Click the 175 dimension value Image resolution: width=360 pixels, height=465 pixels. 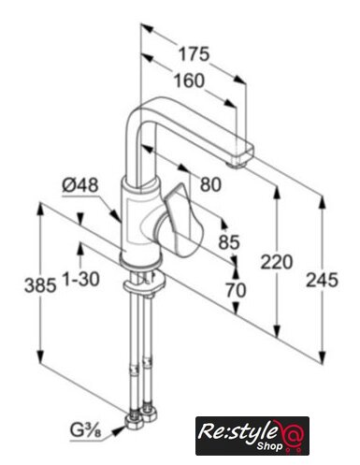tap(194, 53)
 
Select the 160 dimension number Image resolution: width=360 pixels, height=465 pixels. tap(189, 80)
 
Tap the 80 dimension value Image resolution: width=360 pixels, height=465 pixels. tap(210, 184)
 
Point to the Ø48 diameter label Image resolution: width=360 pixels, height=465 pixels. tap(80, 185)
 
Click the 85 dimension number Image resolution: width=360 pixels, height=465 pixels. tap(229, 241)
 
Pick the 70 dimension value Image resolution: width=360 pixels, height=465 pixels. tap(236, 290)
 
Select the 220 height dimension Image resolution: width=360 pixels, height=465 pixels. tap(277, 262)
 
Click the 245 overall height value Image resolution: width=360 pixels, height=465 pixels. tap(322, 280)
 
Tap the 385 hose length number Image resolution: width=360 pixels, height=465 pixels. tap(40, 285)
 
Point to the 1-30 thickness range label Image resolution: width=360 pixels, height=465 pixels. tap(81, 279)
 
